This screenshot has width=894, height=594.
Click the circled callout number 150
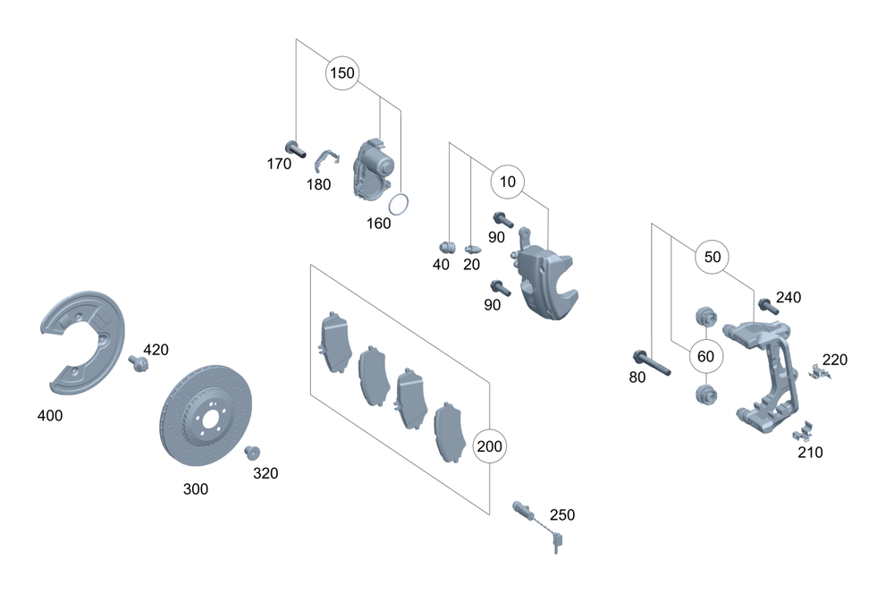click(x=342, y=72)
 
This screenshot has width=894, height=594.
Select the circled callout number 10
click(x=508, y=182)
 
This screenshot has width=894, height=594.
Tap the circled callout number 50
click(x=713, y=257)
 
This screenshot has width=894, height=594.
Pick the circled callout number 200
click(x=491, y=445)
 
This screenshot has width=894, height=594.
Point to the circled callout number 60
click(x=705, y=356)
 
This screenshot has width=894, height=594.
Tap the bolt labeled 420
click(x=138, y=363)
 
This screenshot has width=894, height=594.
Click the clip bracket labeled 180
click(x=328, y=162)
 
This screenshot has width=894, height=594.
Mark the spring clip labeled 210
click(x=802, y=432)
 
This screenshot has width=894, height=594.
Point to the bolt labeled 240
click(x=766, y=305)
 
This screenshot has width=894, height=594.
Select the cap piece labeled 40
click(x=449, y=247)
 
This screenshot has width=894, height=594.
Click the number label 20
click(x=471, y=265)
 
